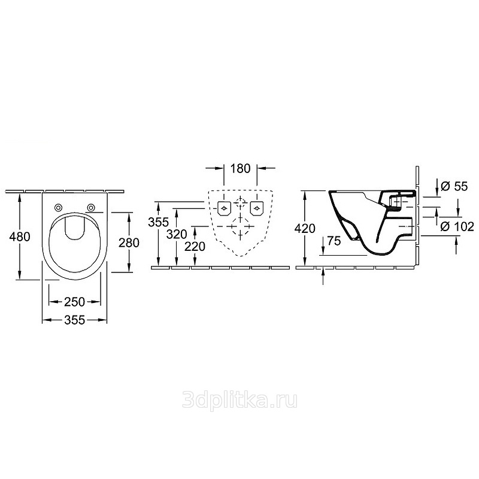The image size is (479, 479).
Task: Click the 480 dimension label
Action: coord(20,237)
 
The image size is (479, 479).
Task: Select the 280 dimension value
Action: coord(129,243)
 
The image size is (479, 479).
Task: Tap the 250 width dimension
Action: coord(74,302)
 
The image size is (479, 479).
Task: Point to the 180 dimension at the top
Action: coord(241,168)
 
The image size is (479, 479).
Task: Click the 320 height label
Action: coord(177,234)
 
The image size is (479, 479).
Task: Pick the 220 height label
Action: coord(195,247)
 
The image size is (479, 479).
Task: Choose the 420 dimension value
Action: coord(305,228)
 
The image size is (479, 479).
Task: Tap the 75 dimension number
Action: coord(334,241)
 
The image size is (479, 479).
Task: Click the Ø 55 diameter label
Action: coord(454,186)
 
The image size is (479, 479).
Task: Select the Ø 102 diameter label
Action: coord(457,226)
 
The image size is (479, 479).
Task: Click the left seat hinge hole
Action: coord(57,208)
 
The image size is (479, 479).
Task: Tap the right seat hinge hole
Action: coord(90,208)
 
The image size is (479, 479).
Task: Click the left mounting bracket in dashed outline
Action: coord(224,208)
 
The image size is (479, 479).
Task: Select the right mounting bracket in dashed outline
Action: coord(257,208)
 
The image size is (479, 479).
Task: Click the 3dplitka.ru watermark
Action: coord(240,400)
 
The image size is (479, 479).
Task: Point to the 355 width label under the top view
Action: coord(74,320)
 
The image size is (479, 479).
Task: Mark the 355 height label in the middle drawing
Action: coord(158,222)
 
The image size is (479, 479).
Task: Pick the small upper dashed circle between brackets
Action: coord(241,202)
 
